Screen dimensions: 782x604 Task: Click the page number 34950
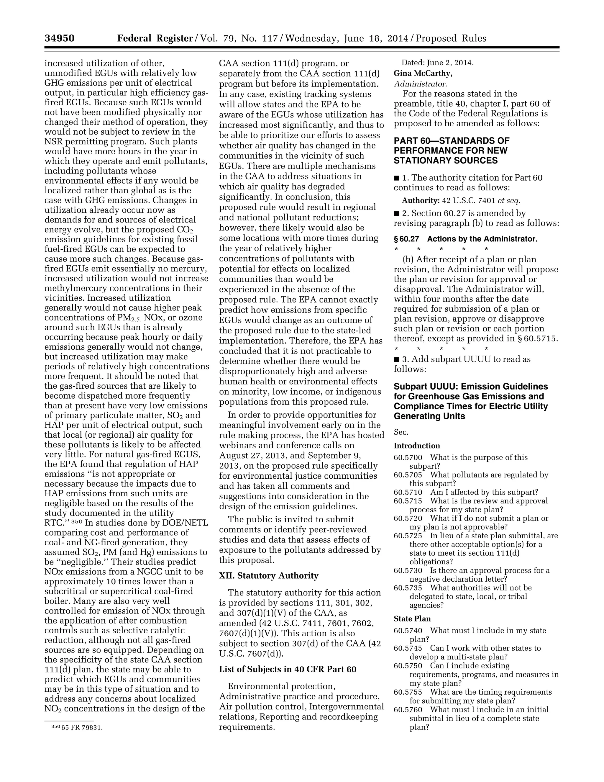[59, 38]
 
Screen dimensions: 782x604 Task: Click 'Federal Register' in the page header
[155, 38]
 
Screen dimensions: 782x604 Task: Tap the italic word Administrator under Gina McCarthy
[420, 84]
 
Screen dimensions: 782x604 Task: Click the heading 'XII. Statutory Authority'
[268, 575]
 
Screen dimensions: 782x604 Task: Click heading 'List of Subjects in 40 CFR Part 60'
[287, 669]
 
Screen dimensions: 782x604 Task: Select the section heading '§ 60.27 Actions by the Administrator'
[465, 239]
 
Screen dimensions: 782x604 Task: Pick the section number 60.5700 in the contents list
[408, 458]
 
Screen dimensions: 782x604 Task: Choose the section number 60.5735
[408, 588]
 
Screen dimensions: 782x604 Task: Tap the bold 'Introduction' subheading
[417, 446]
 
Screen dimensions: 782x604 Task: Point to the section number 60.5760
[408, 709]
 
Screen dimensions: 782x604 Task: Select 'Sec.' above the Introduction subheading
[401, 432]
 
